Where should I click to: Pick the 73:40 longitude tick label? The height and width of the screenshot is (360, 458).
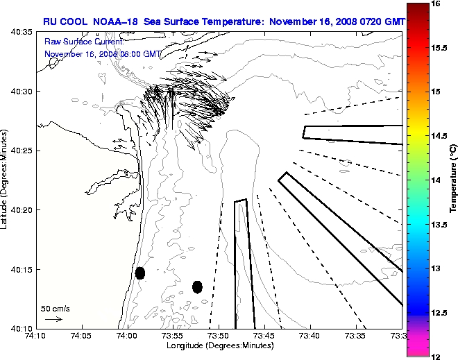tap(309, 336)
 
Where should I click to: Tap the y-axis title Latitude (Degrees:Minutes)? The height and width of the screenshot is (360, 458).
tap(6, 180)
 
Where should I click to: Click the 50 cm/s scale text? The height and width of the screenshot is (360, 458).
tap(56, 308)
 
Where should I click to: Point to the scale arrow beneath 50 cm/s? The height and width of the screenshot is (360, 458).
tap(53, 319)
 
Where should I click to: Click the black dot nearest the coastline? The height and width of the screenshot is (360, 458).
tap(140, 273)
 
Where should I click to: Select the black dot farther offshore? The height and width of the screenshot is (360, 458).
tap(197, 286)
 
